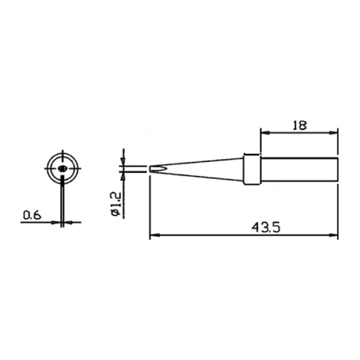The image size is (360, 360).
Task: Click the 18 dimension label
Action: pos(300,126)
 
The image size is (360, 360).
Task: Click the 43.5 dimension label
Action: pos(266,228)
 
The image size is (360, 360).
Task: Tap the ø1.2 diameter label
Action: pos(116,204)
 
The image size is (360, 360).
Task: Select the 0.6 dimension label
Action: pos(32,215)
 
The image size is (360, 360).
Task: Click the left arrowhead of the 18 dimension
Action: pos(265,132)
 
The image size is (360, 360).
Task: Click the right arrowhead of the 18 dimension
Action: pos(334,132)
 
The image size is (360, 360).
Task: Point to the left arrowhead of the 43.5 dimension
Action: pos(155,235)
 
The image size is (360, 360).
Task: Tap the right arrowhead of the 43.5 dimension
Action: pos(334,235)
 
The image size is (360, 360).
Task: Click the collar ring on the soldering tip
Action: pos(252,170)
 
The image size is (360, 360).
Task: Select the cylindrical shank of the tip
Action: pos(299,170)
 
